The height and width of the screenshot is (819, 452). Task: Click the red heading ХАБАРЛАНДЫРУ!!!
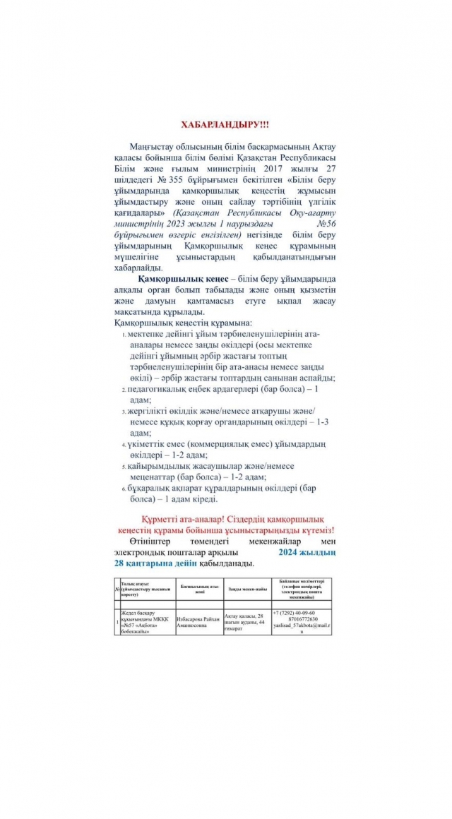pos(225,124)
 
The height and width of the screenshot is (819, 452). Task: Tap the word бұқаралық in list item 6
pos(152,487)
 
